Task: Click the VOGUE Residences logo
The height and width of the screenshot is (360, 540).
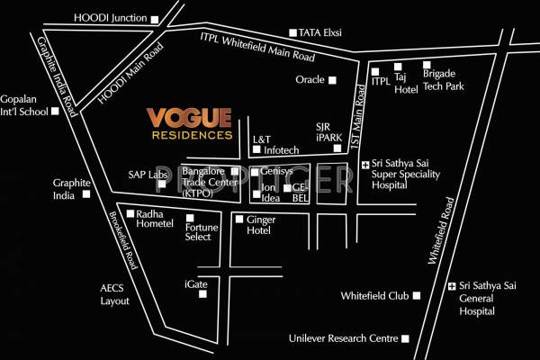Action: pos(191,124)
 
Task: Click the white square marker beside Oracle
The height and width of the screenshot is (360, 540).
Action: pos(331,80)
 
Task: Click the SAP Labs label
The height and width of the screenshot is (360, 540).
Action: pos(148,175)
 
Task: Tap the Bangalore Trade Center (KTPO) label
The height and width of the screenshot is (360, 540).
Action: pos(202,181)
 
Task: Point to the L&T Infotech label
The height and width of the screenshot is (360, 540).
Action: pos(274,145)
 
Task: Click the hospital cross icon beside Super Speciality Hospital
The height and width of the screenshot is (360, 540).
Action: pos(364,165)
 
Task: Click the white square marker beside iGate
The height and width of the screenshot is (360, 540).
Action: pos(216,284)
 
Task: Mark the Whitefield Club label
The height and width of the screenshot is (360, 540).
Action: pos(374,295)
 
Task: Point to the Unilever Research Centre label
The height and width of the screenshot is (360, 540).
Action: pos(342,338)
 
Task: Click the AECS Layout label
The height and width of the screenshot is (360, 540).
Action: pos(114,295)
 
